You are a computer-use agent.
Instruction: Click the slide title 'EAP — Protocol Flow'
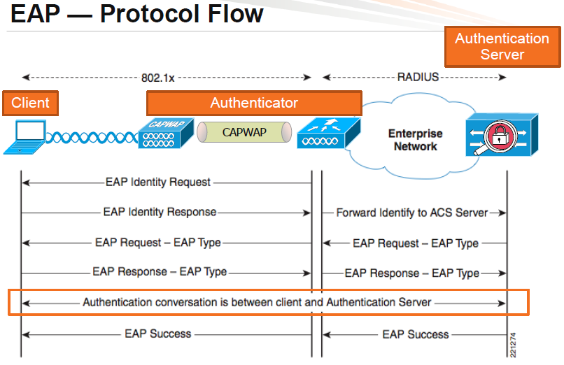pos(137,14)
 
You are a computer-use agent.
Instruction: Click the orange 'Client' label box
pos(30,103)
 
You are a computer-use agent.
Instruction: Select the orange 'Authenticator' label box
pos(254,103)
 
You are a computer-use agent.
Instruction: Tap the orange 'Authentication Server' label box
pos(502,46)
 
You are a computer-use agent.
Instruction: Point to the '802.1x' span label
pos(167,78)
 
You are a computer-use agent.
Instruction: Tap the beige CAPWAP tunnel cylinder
pos(244,132)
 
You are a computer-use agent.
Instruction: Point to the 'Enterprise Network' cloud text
pos(415,140)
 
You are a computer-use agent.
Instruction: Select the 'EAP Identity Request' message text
pos(157,182)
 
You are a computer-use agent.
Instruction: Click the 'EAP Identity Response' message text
pos(160,212)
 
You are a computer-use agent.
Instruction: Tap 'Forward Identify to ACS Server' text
pos(411,213)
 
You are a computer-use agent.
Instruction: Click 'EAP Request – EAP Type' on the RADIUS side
pos(416,243)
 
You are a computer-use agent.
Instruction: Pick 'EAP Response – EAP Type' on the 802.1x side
pos(160,272)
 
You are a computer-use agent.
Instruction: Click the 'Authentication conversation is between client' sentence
pos(257,303)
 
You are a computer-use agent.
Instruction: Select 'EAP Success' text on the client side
pos(157,334)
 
